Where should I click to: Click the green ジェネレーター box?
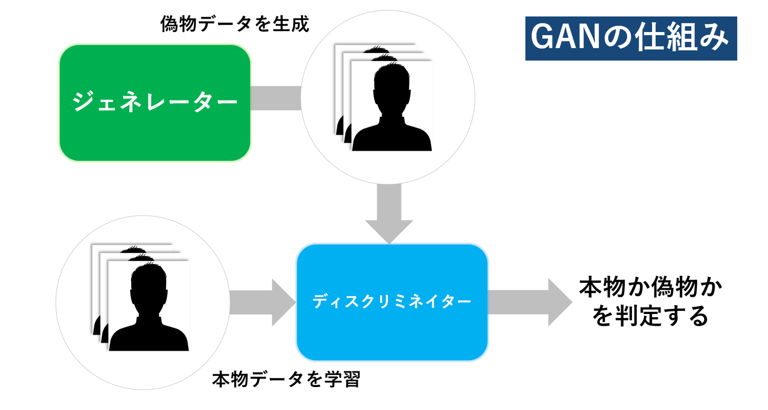(x=155, y=103)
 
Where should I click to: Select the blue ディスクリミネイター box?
(x=392, y=302)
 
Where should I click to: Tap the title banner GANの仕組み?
(x=631, y=38)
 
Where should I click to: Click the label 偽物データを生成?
(x=234, y=24)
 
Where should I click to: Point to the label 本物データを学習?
(x=286, y=379)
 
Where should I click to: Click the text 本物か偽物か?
(x=650, y=287)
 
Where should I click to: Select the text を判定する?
(x=650, y=316)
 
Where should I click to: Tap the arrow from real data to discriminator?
(x=261, y=302)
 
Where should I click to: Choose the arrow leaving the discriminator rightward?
(x=530, y=302)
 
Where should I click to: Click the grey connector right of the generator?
(x=275, y=98)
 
